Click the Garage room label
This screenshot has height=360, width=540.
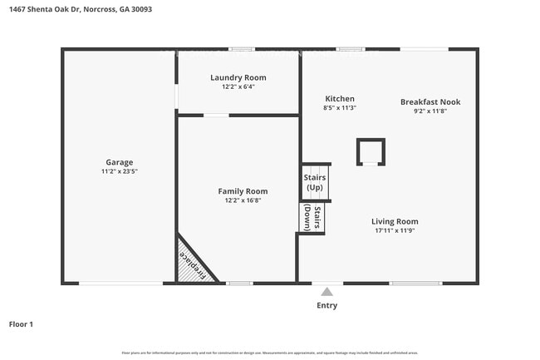[119, 162]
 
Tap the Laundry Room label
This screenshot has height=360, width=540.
[238, 77]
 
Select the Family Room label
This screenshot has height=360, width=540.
[243, 191]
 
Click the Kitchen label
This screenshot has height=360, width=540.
[339, 98]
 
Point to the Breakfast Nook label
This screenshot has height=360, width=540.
[430, 102]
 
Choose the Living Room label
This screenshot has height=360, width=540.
[395, 221]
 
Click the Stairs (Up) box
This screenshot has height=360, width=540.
[316, 182]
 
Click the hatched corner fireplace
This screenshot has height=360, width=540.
[193, 264]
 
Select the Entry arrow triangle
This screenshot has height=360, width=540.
[327, 292]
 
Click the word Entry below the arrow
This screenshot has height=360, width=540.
[327, 305]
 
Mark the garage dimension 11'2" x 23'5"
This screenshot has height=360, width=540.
[119, 171]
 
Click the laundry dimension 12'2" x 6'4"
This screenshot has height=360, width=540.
[238, 86]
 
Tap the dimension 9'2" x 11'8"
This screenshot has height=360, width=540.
[430, 111]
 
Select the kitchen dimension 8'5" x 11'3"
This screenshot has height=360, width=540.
[339, 107]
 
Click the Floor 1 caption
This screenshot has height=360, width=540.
[21, 324]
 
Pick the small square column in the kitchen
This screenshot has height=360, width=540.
[371, 152]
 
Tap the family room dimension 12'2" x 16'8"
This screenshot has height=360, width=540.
[243, 200]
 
